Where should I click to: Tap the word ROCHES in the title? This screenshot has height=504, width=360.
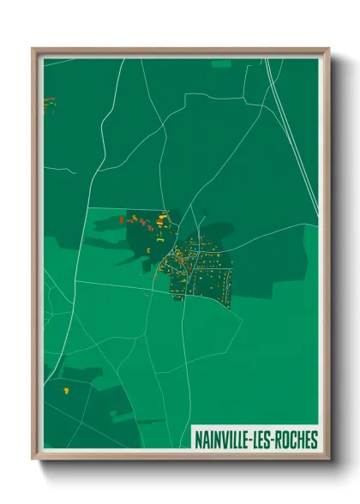pos(297,441)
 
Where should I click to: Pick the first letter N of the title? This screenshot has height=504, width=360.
pos(198,441)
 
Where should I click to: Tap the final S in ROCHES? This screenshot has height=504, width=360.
pos(315,441)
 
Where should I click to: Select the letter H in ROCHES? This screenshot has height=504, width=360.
pos(301,441)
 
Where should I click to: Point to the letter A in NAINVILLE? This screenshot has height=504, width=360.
pos(205,441)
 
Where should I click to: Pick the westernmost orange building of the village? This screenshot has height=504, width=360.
pos(121,219)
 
